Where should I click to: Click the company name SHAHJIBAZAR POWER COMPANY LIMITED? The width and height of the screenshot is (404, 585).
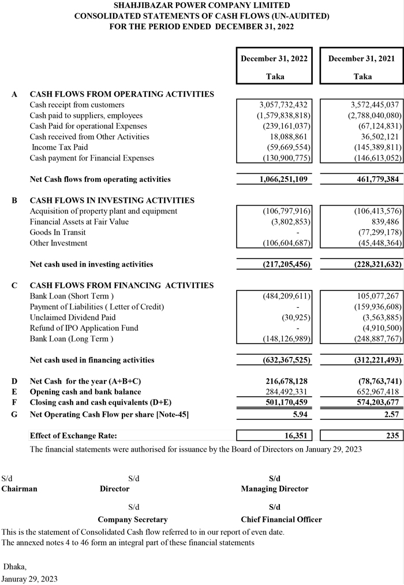click(202, 5)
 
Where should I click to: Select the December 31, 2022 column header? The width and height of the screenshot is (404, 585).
click(274, 59)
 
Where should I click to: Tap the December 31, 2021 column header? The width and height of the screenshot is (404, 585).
click(362, 59)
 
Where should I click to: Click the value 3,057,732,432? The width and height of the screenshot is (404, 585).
click(283, 105)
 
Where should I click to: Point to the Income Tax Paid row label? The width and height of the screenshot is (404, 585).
click(59, 147)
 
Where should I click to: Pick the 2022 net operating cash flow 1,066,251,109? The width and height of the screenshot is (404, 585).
click(279, 180)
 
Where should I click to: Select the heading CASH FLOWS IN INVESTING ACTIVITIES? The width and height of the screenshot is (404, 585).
click(112, 200)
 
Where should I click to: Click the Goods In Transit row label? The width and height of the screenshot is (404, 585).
click(55, 233)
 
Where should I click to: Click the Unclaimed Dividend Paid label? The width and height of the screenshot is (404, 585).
click(73, 318)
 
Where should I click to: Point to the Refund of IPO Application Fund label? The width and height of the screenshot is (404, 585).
click(84, 328)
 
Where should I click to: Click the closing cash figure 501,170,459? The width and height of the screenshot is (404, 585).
click(283, 403)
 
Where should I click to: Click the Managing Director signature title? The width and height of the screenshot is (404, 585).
click(275, 489)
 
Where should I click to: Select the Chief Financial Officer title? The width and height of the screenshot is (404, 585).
click(281, 520)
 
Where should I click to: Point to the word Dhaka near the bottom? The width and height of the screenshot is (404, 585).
click(15, 567)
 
